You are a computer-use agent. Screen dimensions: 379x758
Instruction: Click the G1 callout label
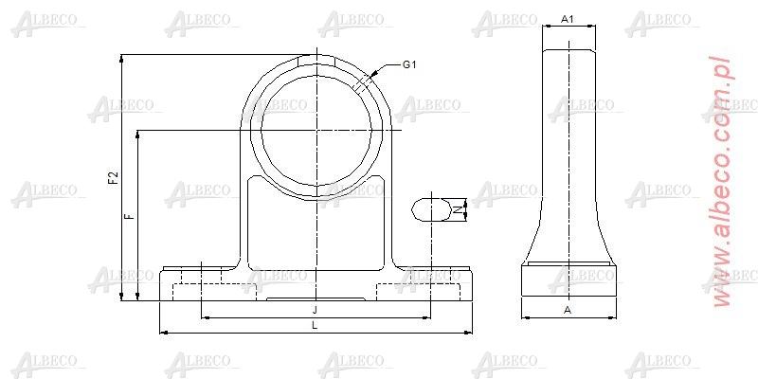pos(409,64)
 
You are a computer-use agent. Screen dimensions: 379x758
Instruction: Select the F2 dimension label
pos(113,178)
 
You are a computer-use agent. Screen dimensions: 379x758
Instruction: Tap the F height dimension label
pos(131,216)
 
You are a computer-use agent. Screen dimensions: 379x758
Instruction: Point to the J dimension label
pos(315,310)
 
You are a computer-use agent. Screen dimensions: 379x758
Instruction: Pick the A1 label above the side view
pos(568,19)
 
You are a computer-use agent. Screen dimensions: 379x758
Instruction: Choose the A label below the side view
pos(568,310)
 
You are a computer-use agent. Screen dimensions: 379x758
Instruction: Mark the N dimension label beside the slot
pos(461,208)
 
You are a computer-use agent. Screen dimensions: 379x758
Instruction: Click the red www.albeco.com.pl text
pos(724,180)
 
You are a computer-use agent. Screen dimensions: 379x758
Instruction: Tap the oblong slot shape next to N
pos(431,209)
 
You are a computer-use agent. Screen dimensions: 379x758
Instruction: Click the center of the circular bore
pos(316,130)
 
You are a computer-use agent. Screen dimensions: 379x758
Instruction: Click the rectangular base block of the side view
pos(568,281)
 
